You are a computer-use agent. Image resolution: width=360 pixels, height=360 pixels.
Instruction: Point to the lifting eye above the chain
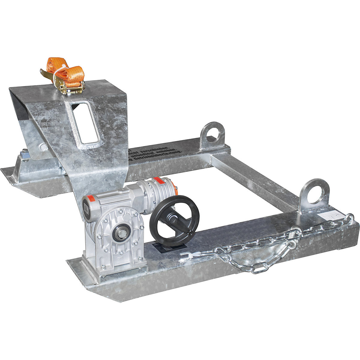[313, 192]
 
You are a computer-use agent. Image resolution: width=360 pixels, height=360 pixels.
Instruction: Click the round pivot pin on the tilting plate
[43, 147]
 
